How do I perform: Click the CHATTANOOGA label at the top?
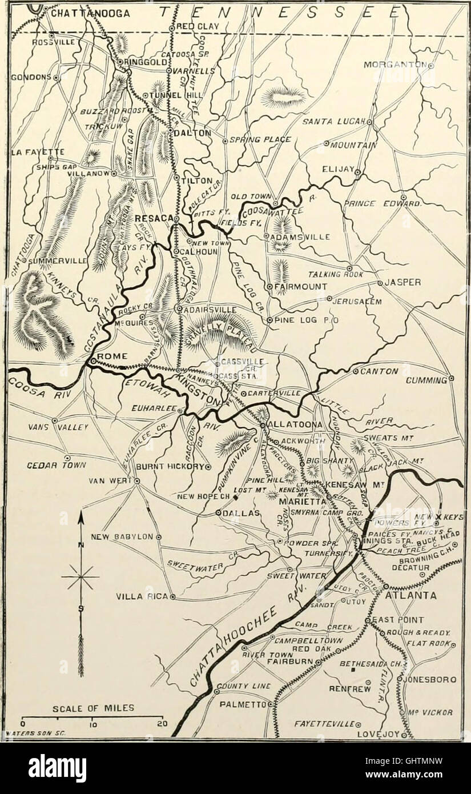pos(90,13)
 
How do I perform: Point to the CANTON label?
pos(379,371)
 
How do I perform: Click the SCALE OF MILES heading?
pos(94,708)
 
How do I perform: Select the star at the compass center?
pos(80,577)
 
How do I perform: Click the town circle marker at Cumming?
pos(451,378)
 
